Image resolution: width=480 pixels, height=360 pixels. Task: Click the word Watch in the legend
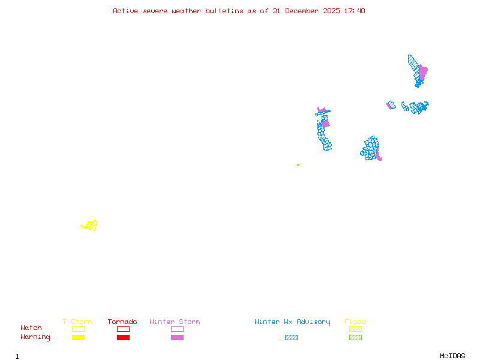pos(31,328)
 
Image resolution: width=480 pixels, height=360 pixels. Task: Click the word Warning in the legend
pos(35,337)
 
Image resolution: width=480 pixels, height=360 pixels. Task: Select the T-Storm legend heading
pos(77,322)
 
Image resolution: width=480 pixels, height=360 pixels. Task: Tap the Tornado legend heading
pos(122,322)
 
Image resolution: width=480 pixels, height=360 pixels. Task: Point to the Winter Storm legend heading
pos(175,322)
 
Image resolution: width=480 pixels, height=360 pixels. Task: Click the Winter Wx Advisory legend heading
pos(292,322)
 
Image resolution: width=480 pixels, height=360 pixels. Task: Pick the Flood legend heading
pos(355,322)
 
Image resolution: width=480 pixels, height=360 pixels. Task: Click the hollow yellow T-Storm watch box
pos(78,329)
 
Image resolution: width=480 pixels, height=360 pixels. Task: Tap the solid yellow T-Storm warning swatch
pos(78,337)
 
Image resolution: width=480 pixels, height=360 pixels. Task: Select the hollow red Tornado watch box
pos(123,329)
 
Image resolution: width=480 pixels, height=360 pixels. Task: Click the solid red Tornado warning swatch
pos(123,337)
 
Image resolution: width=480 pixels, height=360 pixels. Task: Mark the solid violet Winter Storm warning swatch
pos(177,337)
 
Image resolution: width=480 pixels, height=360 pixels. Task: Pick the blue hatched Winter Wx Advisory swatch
pos(291,337)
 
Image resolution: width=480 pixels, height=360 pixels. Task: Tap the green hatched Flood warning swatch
pos(355,337)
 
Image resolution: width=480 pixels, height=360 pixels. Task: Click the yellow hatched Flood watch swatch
pos(355,329)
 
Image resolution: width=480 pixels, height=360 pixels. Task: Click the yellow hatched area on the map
pos(90,226)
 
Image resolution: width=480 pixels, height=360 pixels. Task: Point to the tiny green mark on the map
pos(298,164)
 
